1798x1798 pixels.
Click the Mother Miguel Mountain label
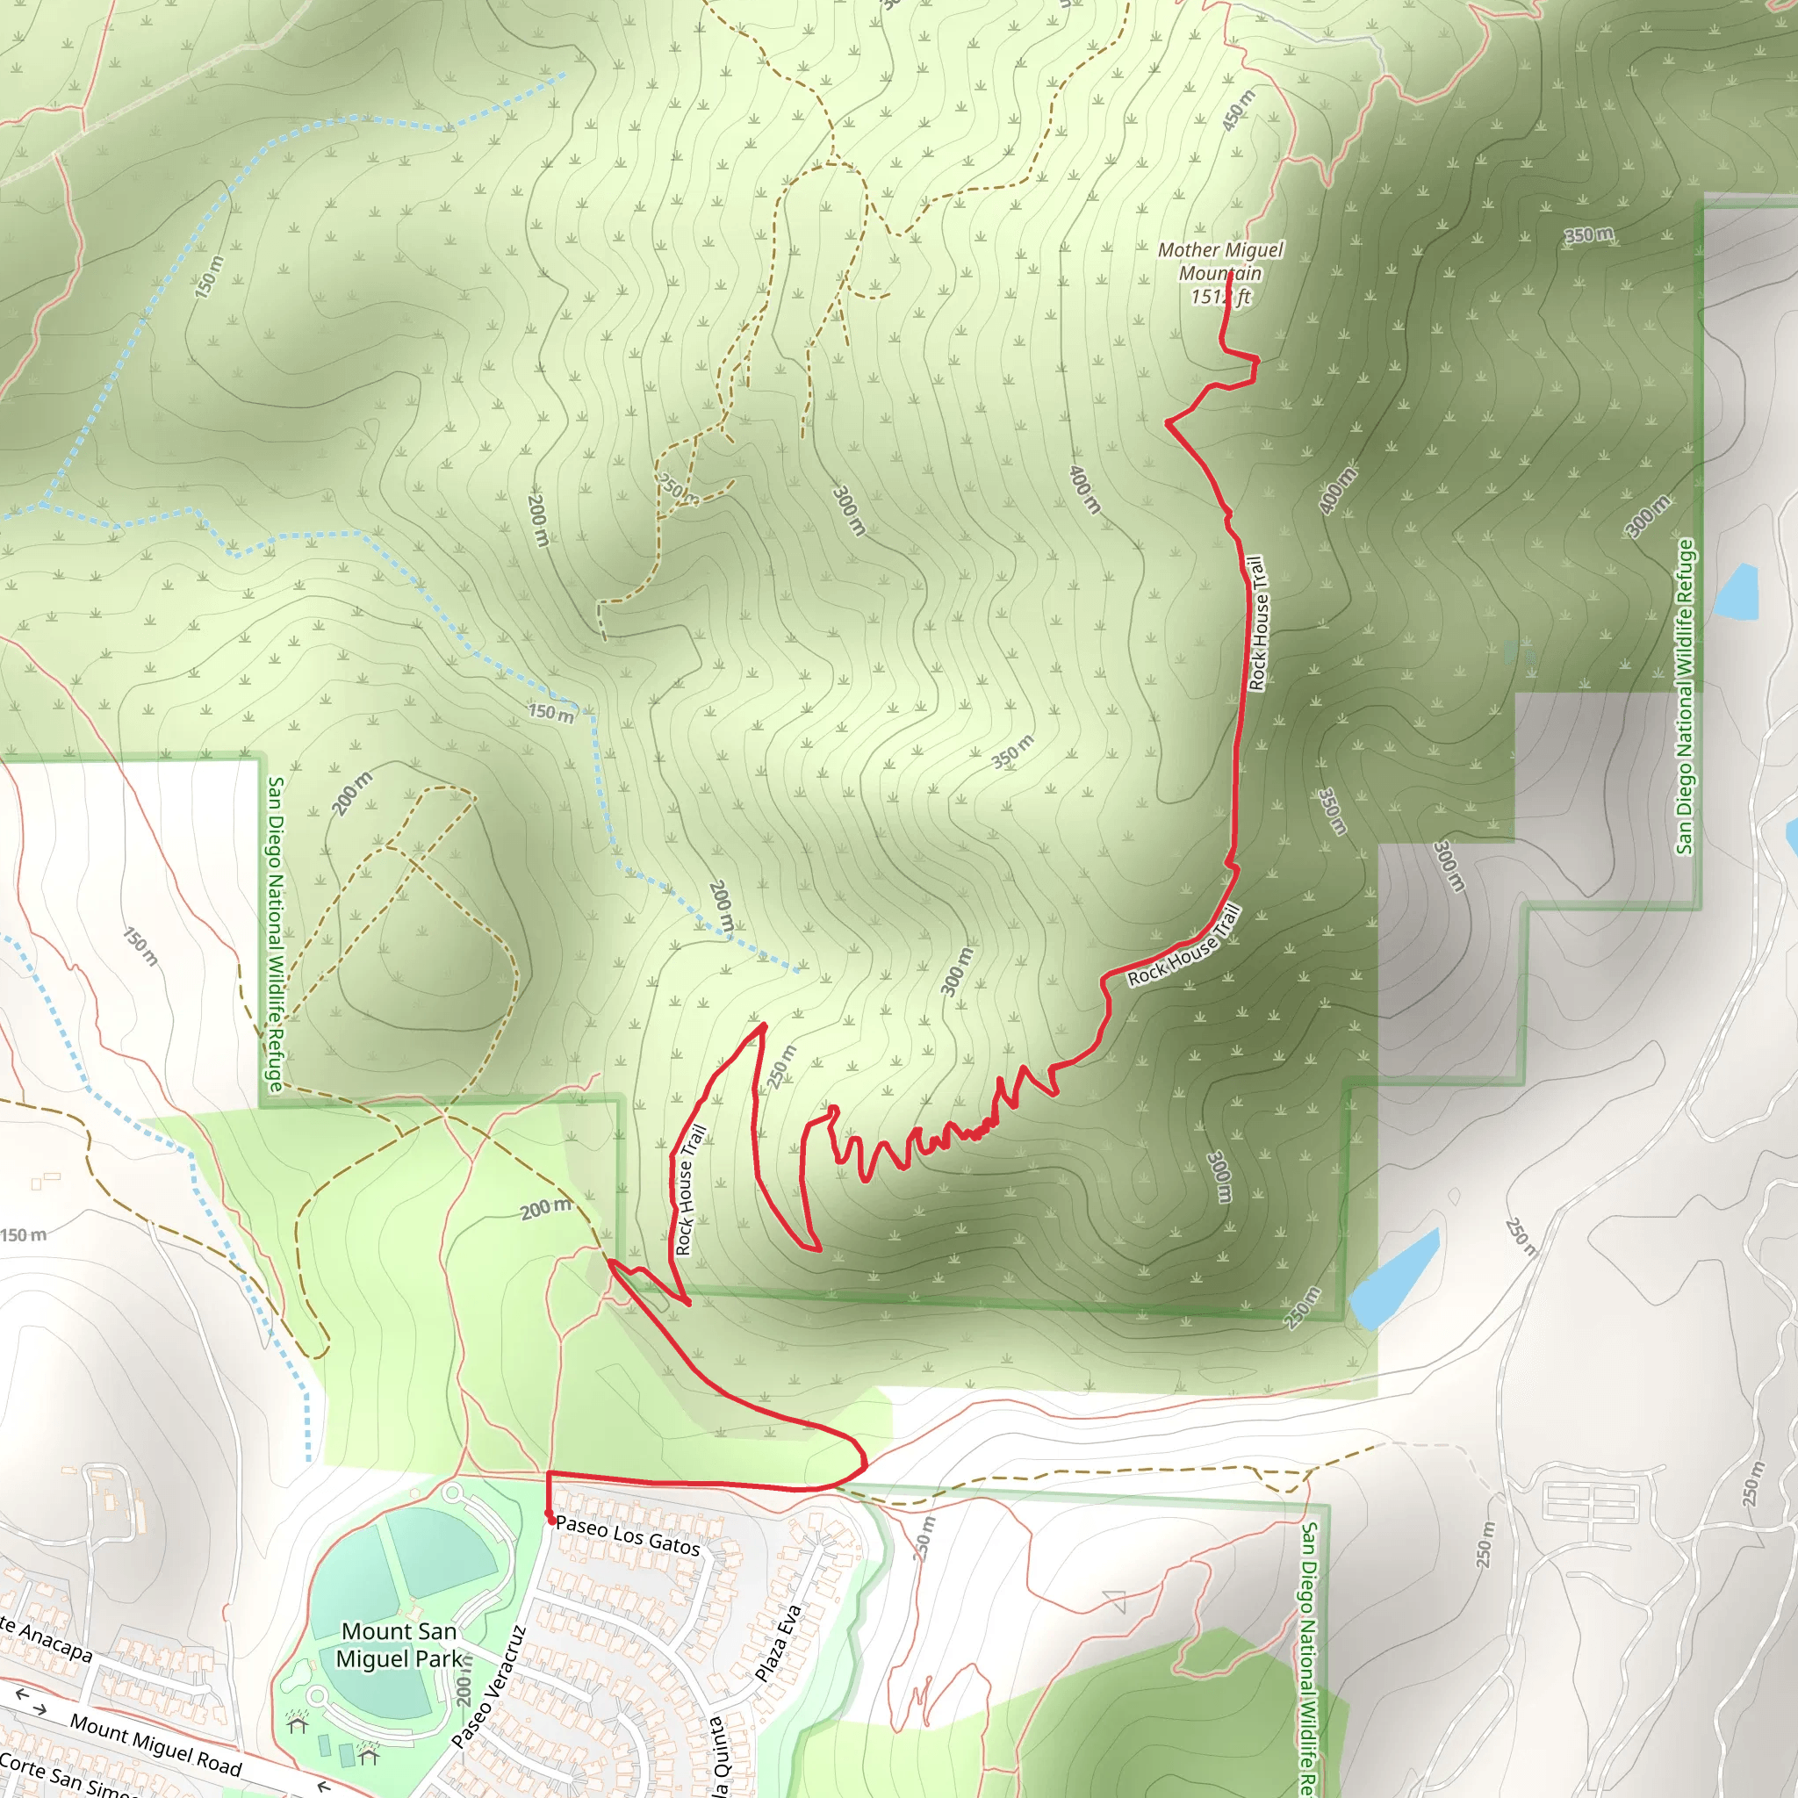click(1220, 262)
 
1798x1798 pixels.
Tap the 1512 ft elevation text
click(1220, 297)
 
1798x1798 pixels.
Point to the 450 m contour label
click(1238, 111)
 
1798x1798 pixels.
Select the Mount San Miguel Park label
click(399, 1644)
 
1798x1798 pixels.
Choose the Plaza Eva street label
click(778, 1643)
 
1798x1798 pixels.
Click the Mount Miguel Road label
click(155, 1744)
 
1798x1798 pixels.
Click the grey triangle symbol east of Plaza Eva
click(1115, 1601)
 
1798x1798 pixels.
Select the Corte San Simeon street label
click(65, 1777)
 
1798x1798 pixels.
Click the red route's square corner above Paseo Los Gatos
click(549, 1473)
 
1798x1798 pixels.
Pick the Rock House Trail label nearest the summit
click(1257, 622)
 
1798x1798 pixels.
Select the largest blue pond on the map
click(1393, 1280)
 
